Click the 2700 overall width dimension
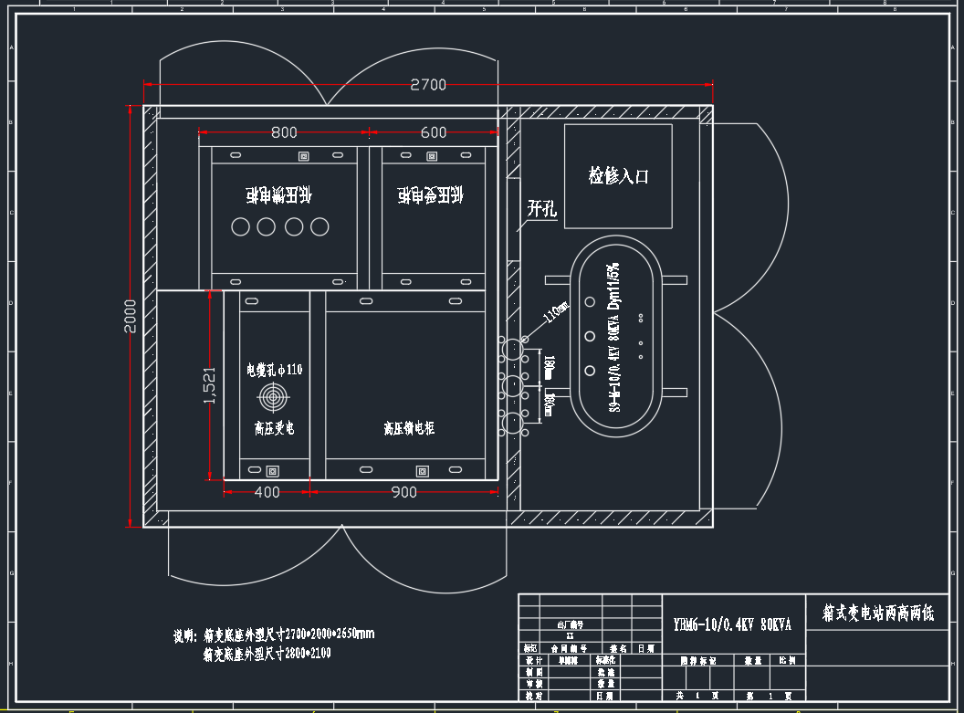[x=428, y=85]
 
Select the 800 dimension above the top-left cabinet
[x=284, y=132]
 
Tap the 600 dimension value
[x=434, y=132]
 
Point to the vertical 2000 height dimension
[x=131, y=316]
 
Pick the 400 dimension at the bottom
[x=267, y=492]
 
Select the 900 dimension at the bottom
[x=403, y=492]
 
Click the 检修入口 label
[x=618, y=175]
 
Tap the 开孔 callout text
[x=541, y=208]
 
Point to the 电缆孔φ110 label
[x=274, y=370]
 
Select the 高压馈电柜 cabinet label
[x=409, y=427]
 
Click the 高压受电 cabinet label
[x=274, y=427]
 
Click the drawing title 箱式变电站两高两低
[x=878, y=613]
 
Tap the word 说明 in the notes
[x=184, y=634]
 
